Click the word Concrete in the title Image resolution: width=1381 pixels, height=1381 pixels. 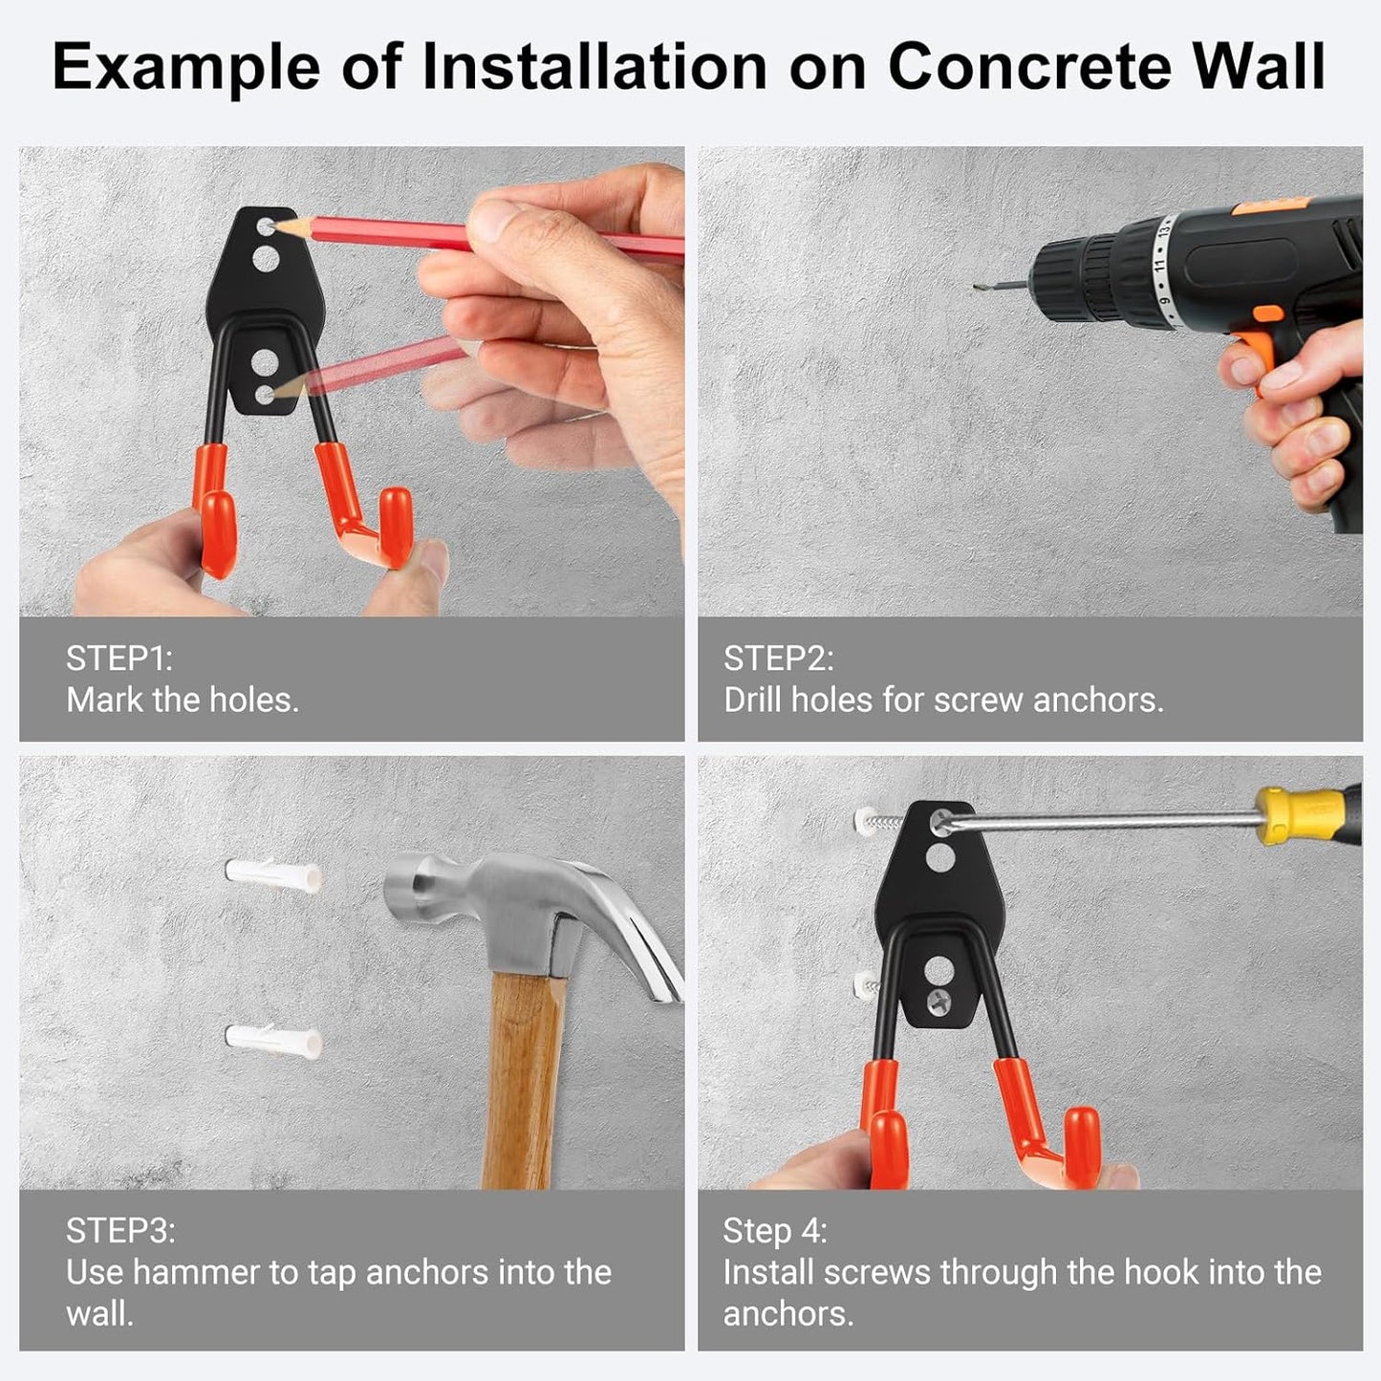1029,67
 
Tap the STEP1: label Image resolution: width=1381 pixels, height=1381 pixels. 119,658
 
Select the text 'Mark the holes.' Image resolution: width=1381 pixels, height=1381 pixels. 183,701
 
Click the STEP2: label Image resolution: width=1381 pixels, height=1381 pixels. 778,658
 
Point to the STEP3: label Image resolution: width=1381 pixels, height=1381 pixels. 120,1230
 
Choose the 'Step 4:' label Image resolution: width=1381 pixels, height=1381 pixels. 774,1230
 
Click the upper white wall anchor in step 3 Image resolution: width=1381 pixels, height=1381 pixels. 273,875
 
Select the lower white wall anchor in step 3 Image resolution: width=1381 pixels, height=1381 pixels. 273,1039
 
